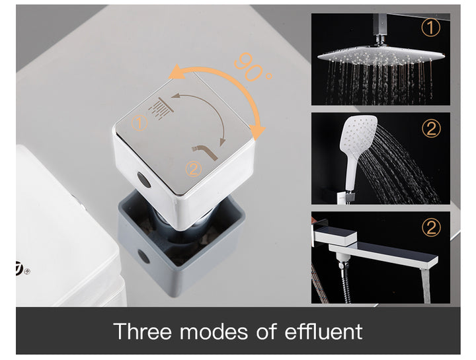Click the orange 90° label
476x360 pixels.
[x=252, y=67]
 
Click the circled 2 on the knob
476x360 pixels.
[x=193, y=168]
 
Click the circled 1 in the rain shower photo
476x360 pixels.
[x=431, y=28]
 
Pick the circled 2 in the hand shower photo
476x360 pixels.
[x=431, y=128]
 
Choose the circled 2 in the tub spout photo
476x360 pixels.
[x=431, y=228]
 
